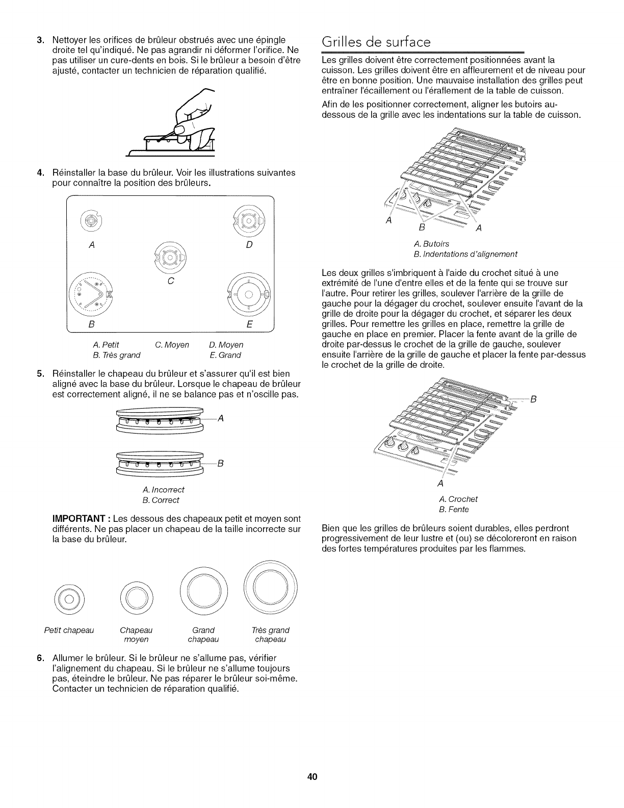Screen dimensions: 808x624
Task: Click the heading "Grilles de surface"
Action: coord(377,42)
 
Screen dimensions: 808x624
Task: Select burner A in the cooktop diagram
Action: coord(90,221)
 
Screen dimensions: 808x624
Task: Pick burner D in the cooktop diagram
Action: coord(248,220)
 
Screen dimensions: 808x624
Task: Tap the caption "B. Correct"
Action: coord(161,500)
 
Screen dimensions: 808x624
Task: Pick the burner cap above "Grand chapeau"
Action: coord(203,592)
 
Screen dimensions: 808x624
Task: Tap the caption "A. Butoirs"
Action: coord(431,244)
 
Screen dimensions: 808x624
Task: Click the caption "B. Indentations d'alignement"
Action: coord(465,254)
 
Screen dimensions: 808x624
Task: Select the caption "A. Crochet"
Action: coord(458,499)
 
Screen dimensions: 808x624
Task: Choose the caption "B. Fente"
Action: coord(454,509)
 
